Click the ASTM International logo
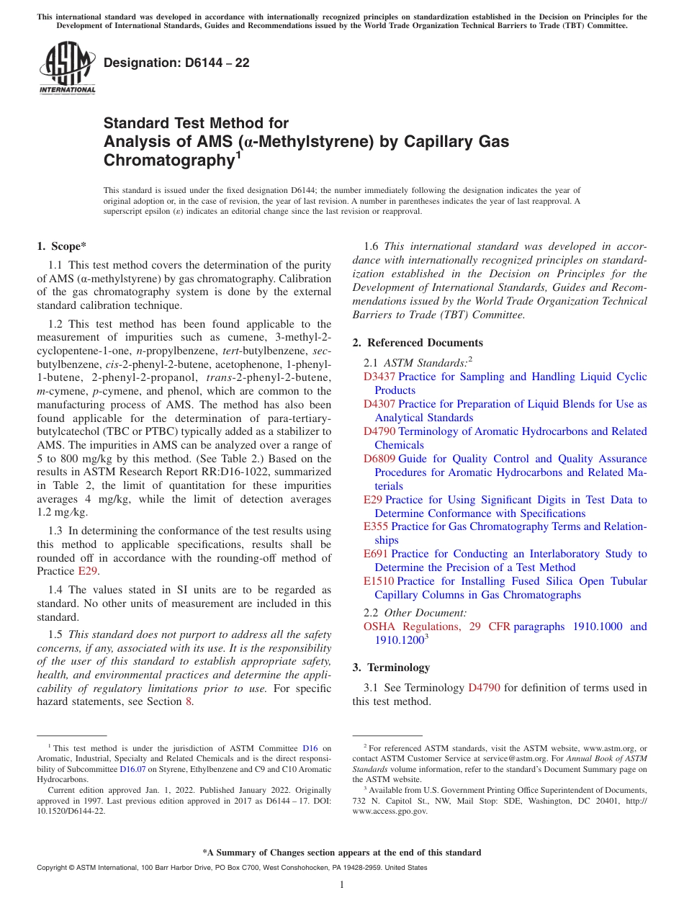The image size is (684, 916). coord(67,68)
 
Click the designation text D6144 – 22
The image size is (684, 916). coord(176,63)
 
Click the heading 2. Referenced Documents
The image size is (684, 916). coord(418,343)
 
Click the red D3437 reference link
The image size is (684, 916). coord(379,377)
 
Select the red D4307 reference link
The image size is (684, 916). coord(379,404)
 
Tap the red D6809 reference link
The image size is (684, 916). coord(379,459)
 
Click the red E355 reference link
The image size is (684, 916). coord(376,526)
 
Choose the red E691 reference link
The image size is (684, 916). coord(376,554)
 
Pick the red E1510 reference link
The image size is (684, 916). coord(379,581)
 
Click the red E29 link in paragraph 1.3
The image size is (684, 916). coord(87,571)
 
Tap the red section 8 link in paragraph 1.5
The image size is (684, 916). coord(189,701)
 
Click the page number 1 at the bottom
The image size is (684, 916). coord(342,884)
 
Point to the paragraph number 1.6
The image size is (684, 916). coord(372,246)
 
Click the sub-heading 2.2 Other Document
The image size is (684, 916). coord(415,613)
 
